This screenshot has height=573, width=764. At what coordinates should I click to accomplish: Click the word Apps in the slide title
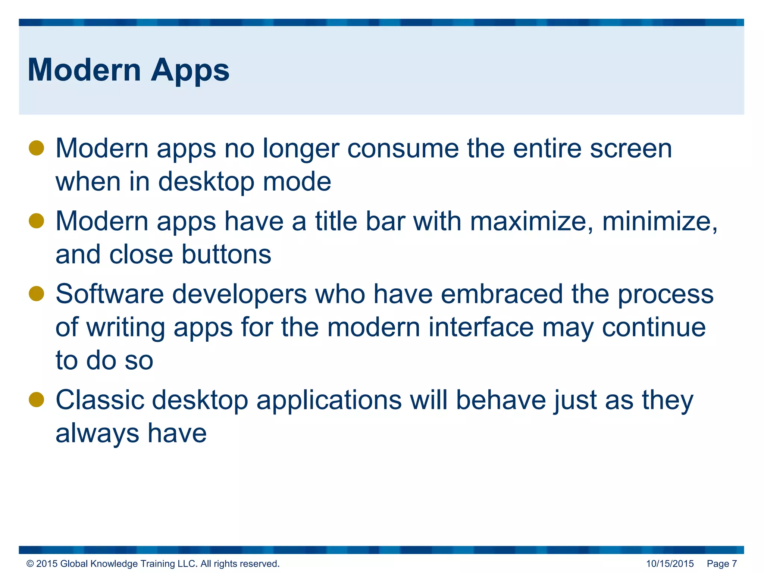click(x=190, y=71)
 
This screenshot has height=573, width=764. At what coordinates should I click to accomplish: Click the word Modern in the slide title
click(x=84, y=70)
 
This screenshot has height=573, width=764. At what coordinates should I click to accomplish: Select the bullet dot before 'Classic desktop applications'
click(x=37, y=400)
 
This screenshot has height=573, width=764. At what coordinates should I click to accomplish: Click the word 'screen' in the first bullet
click(x=631, y=149)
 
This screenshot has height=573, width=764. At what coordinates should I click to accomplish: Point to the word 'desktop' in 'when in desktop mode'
click(x=206, y=182)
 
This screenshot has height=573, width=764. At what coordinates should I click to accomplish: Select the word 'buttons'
click(x=226, y=254)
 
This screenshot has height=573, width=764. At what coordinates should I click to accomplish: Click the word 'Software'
click(x=110, y=294)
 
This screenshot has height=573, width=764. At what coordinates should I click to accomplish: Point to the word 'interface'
click(x=481, y=327)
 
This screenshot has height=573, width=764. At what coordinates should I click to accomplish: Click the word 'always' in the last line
click(x=97, y=433)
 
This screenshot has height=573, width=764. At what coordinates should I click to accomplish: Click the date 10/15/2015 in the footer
click(x=670, y=564)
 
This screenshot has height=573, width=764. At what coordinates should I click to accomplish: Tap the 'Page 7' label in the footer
click(x=721, y=564)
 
